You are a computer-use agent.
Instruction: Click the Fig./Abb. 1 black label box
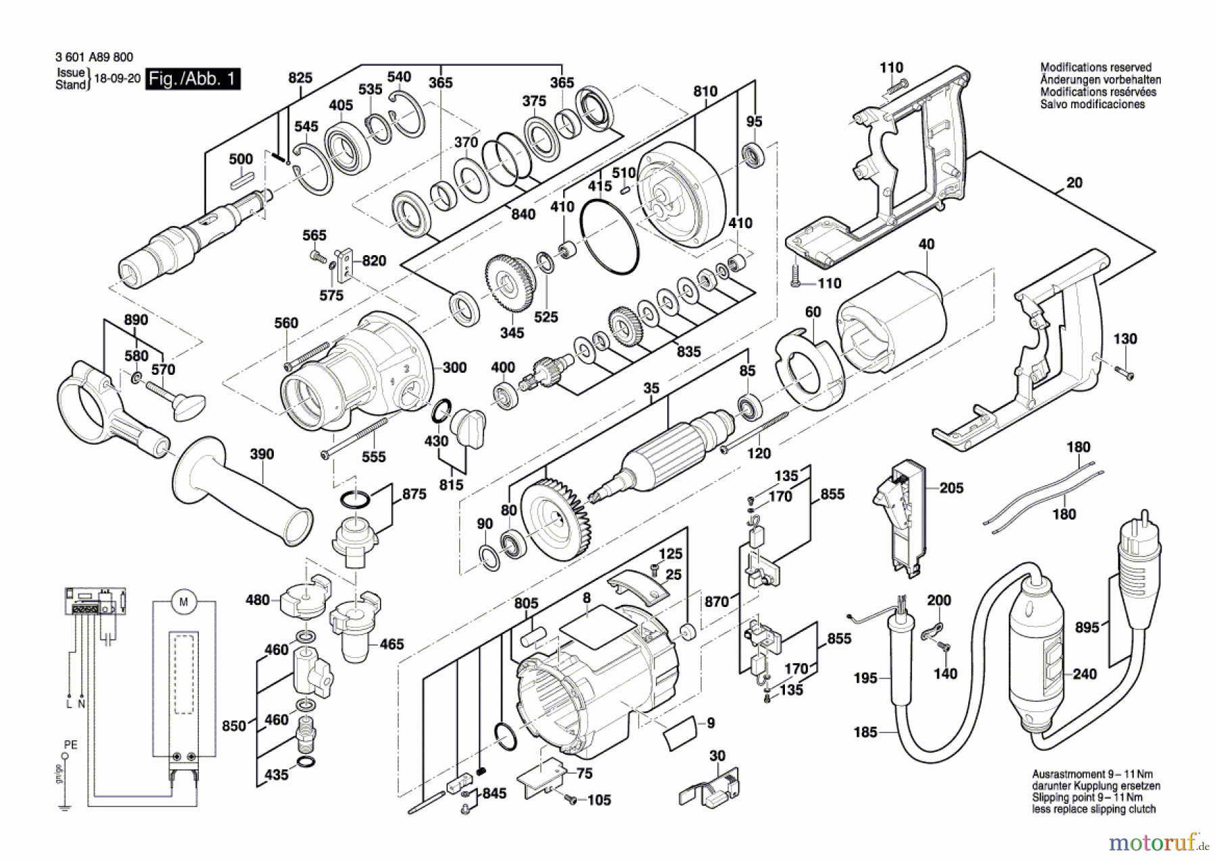pyautogui.click(x=193, y=79)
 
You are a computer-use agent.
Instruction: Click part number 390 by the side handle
pyautogui.click(x=262, y=454)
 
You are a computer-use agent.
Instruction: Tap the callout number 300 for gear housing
pyautogui.click(x=454, y=367)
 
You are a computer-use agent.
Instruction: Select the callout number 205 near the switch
pyautogui.click(x=951, y=488)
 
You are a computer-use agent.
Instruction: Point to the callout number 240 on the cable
pyautogui.click(x=1084, y=674)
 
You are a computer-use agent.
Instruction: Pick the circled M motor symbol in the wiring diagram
pyautogui.click(x=183, y=602)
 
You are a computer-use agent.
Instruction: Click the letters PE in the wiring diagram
pyautogui.click(x=70, y=745)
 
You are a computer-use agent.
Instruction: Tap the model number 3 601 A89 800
pyautogui.click(x=94, y=58)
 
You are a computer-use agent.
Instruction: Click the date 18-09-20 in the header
pyautogui.click(x=117, y=78)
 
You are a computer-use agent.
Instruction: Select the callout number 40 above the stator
pyautogui.click(x=926, y=244)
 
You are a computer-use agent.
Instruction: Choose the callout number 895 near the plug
pyautogui.click(x=1087, y=627)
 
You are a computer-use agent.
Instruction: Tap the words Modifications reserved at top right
pyautogui.click(x=1095, y=68)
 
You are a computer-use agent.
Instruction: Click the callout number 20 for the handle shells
pyautogui.click(x=1074, y=183)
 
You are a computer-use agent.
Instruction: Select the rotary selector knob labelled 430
pyautogui.click(x=467, y=425)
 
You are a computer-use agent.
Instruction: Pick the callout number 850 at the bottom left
pyautogui.click(x=234, y=725)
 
